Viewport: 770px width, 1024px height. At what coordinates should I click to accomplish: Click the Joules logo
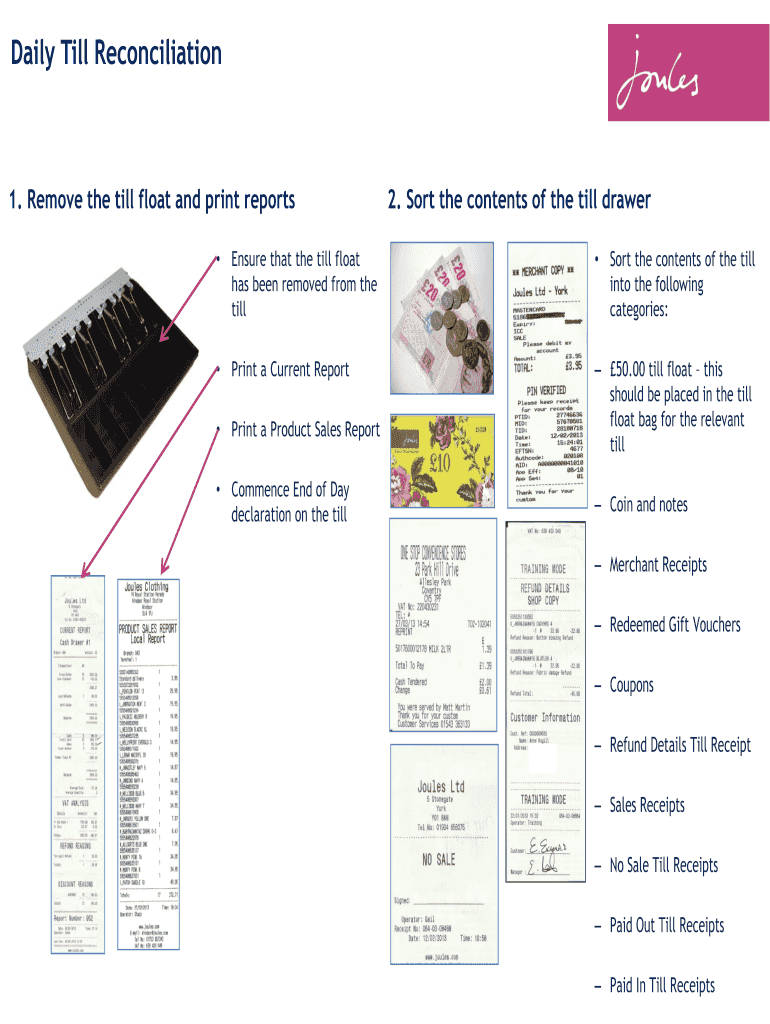click(x=679, y=73)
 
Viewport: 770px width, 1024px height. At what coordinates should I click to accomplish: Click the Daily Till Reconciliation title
click(x=116, y=53)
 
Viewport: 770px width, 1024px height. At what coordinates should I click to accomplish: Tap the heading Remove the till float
click(x=152, y=200)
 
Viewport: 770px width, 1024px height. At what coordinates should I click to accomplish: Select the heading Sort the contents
click(x=519, y=200)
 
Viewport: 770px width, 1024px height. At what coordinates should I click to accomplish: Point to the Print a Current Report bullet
click(x=290, y=370)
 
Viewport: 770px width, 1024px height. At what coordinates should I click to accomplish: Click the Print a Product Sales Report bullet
click(x=305, y=430)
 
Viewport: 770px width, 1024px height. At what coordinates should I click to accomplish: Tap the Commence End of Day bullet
click(x=290, y=502)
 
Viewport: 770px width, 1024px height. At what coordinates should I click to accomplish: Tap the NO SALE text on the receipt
click(x=441, y=859)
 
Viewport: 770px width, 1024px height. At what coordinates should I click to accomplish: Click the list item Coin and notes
click(x=648, y=505)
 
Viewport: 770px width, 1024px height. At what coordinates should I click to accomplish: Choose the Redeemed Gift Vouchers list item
click(x=675, y=625)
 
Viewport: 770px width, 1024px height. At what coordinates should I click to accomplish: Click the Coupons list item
click(x=631, y=685)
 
